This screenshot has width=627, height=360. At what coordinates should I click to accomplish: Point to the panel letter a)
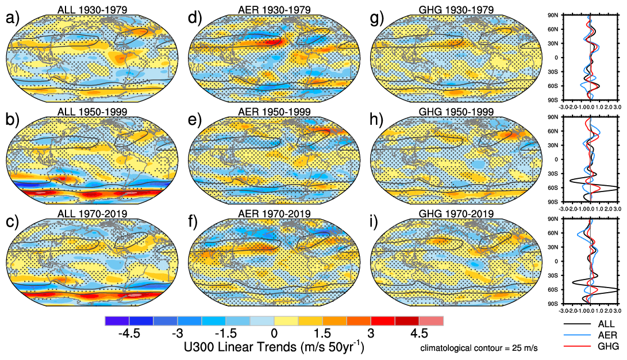point(12,19)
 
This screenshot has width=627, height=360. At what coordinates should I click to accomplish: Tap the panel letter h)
point(379,122)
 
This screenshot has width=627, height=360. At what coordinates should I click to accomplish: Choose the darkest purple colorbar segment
point(117,321)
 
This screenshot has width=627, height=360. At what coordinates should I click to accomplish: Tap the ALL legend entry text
point(606,324)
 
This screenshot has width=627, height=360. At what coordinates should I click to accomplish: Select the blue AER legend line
point(578,335)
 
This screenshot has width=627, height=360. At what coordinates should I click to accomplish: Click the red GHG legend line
point(578,346)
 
